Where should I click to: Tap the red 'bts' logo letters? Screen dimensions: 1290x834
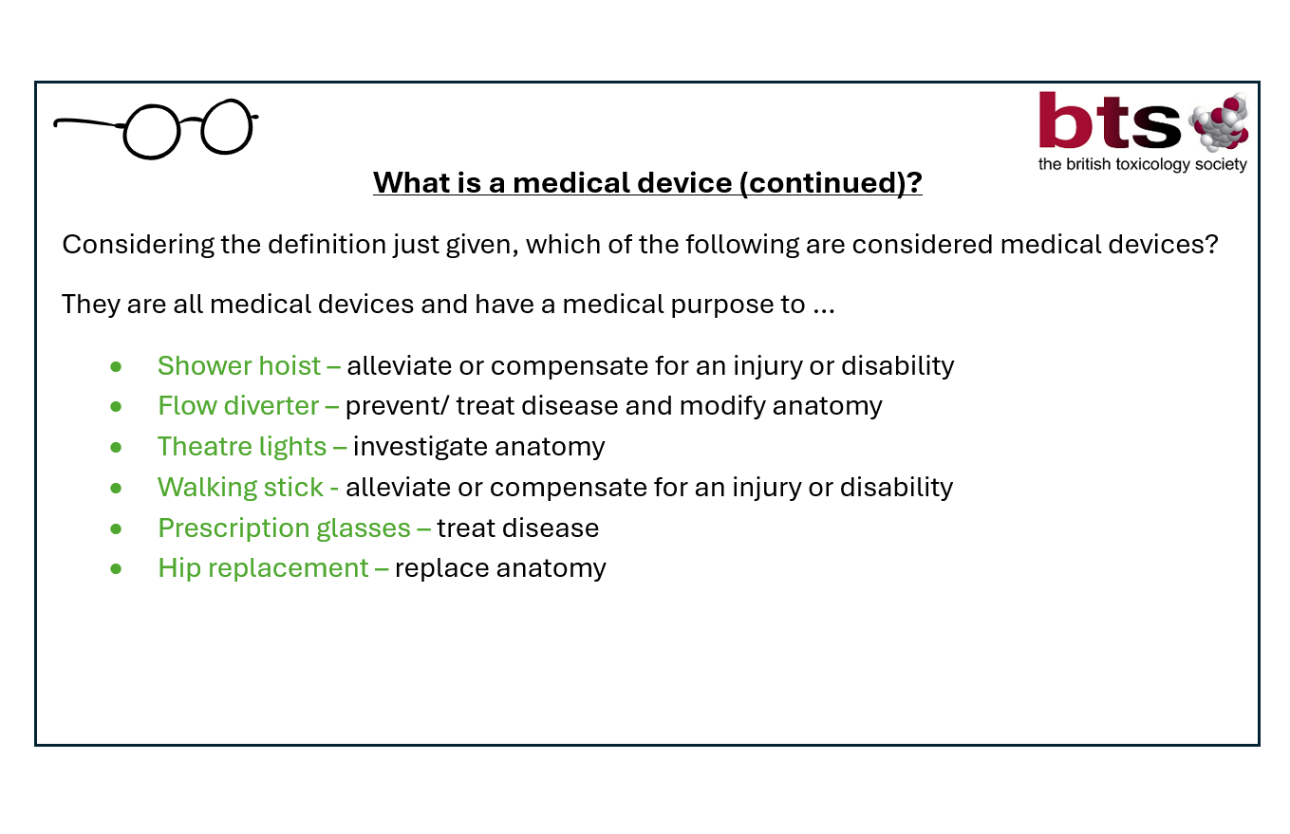pyautogui.click(x=1111, y=120)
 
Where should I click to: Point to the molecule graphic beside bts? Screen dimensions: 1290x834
pyautogui.click(x=1219, y=122)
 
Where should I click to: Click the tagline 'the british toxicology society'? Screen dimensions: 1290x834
pyautogui.click(x=1143, y=164)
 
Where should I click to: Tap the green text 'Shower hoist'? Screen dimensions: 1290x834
pyautogui.click(x=239, y=366)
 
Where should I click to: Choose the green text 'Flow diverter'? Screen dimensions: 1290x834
pyautogui.click(x=238, y=406)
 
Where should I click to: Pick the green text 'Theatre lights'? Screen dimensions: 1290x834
pyautogui.click(x=242, y=447)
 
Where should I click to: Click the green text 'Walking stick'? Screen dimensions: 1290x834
pyautogui.click(x=240, y=488)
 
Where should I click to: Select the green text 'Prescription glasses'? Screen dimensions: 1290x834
pyautogui.click(x=285, y=528)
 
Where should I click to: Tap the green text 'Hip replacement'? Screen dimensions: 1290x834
pyautogui.click(x=263, y=568)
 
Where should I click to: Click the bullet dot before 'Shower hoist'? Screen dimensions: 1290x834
pyautogui.click(x=116, y=366)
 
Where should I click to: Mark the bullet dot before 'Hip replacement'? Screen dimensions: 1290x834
pyautogui.click(x=116, y=569)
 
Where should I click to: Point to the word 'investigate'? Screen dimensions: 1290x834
pyautogui.click(x=421, y=447)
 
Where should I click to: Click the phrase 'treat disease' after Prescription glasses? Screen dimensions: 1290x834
pyautogui.click(x=517, y=528)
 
